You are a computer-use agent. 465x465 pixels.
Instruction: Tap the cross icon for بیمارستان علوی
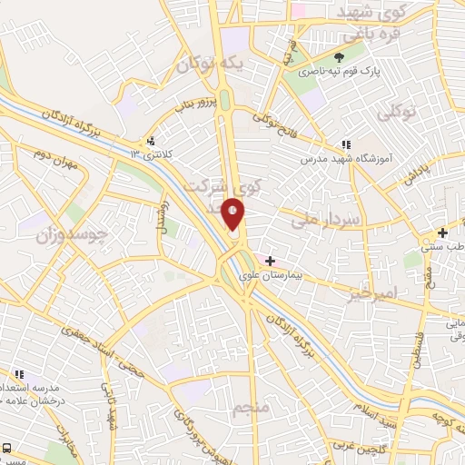coord(270,261)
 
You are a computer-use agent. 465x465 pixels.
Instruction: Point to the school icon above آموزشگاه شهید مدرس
coord(345,144)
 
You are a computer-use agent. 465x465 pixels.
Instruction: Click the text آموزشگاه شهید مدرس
coord(346,158)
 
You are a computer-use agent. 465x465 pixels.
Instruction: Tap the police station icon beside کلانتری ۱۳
coord(150,141)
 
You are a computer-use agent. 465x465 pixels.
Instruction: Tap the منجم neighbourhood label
coord(252,408)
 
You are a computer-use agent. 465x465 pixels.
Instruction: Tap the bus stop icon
coord(7,448)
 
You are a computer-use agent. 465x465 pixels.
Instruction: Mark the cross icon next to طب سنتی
coord(441,232)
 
